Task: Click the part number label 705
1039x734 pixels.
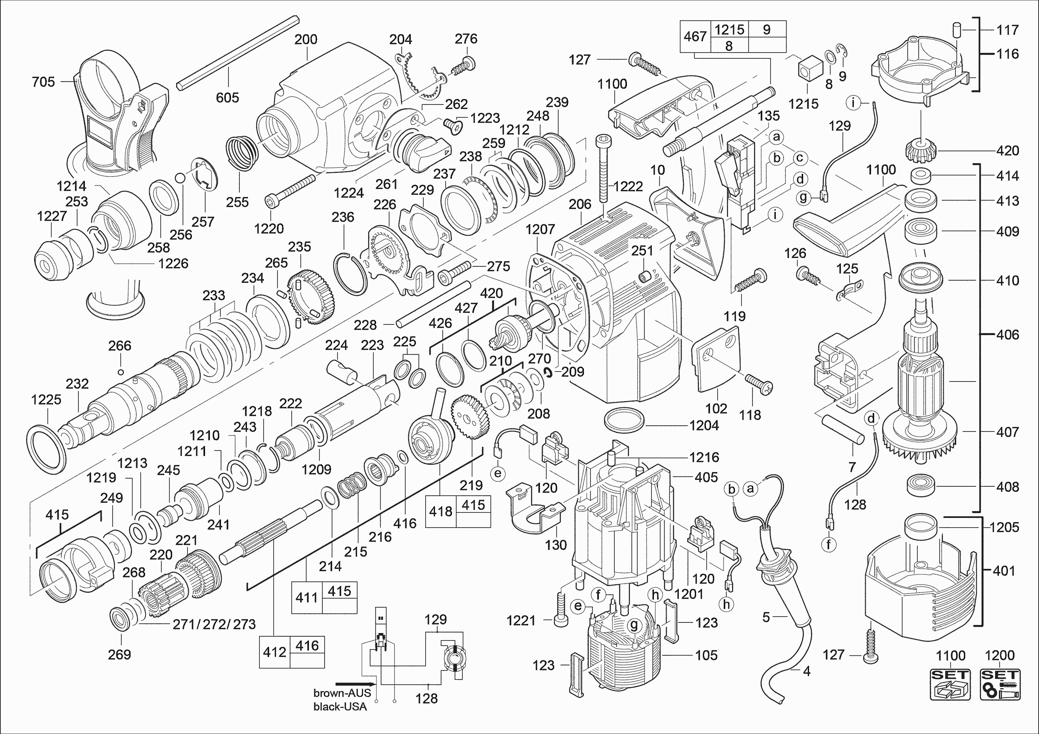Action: [43, 82]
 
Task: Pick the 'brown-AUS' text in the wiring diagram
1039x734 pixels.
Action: [342, 693]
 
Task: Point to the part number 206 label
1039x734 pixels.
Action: [580, 204]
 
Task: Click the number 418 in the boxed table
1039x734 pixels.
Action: [441, 511]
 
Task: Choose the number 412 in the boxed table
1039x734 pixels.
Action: [275, 652]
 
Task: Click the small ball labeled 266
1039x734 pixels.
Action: [121, 372]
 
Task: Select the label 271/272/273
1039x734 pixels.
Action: [214, 625]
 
